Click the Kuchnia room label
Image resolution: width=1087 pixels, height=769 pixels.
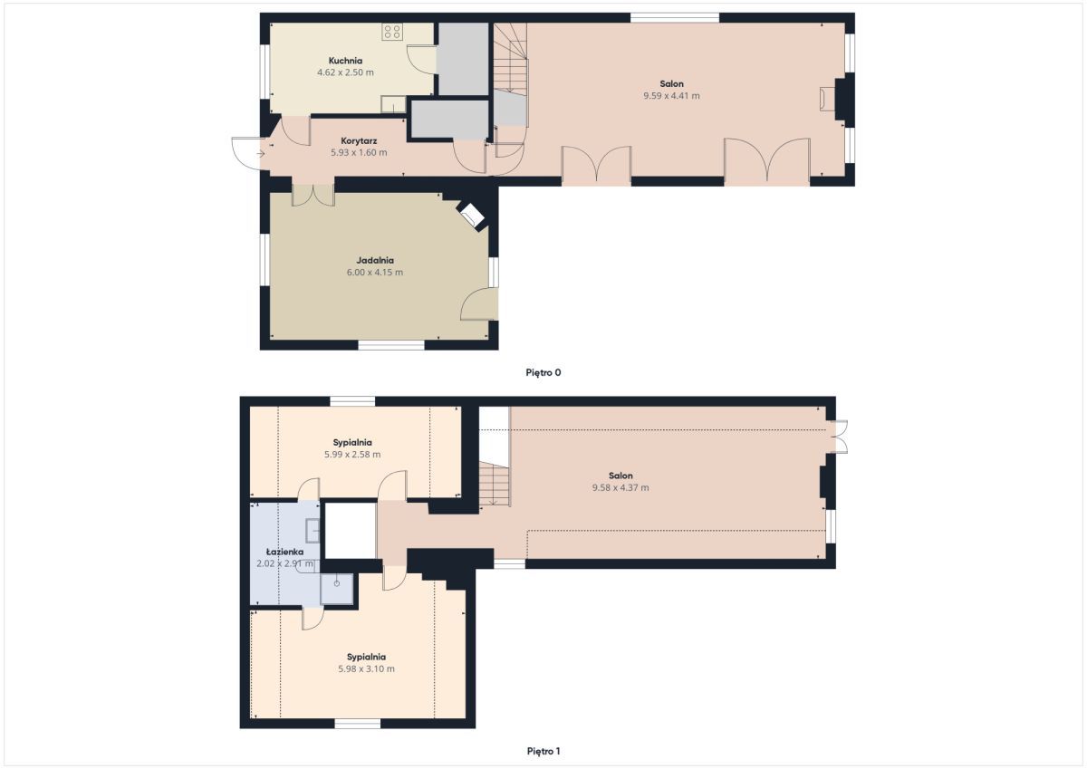345,61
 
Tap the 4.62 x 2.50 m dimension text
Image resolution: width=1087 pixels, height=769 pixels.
345,72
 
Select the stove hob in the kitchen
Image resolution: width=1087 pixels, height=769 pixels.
392,32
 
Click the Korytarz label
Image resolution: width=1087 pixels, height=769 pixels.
359,140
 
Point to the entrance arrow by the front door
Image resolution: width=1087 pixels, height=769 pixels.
261,154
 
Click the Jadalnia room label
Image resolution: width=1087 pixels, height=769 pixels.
375,260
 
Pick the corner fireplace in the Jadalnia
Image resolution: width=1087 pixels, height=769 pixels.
471,215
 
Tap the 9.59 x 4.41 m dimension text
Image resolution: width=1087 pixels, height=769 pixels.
671,96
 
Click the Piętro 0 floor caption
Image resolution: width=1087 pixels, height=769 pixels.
543,372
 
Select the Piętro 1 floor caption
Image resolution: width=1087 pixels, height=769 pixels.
543,751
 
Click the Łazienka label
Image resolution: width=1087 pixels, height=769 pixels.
284,552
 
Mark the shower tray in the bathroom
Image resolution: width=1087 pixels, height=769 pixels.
337,589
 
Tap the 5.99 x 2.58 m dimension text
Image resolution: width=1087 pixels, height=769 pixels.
352,455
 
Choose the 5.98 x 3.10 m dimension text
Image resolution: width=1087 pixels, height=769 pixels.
366,668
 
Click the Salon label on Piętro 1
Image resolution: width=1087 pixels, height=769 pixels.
620,476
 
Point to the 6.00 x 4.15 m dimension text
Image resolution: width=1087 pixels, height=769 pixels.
375,272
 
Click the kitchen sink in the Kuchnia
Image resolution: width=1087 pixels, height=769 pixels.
393,104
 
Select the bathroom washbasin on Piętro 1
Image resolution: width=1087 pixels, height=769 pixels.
313,530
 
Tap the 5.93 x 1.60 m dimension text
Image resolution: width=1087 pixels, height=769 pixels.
359,152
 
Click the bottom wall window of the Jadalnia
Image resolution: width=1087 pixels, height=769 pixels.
391,345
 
